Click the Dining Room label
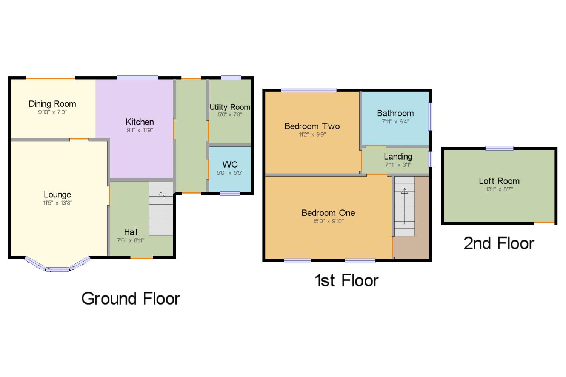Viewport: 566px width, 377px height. pyautogui.click(x=52, y=104)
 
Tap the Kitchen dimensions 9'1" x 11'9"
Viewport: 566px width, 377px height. pyautogui.click(x=140, y=130)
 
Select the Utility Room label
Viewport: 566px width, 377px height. pyautogui.click(x=230, y=107)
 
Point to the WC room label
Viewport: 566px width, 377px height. pyautogui.click(x=230, y=165)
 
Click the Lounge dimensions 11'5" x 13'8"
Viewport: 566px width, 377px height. pyautogui.click(x=58, y=203)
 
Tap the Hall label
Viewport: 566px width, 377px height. pyautogui.click(x=131, y=232)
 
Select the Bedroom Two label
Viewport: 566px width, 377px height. pyautogui.click(x=312, y=126)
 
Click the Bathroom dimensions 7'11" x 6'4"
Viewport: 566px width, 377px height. pyautogui.click(x=395, y=122)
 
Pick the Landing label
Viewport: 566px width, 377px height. pyautogui.click(x=398, y=157)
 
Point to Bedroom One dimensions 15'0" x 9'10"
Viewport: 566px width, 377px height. pyautogui.click(x=329, y=221)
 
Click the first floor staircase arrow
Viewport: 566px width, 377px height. pyautogui.click(x=404, y=206)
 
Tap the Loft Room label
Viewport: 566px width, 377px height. pyautogui.click(x=499, y=181)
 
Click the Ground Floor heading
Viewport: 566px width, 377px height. pyautogui.click(x=131, y=299)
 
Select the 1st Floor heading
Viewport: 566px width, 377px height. pyautogui.click(x=347, y=280)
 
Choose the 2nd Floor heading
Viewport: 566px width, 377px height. pyautogui.click(x=499, y=243)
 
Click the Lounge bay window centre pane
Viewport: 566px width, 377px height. pyautogui.click(x=57, y=269)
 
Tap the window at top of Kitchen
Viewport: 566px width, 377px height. pyautogui.click(x=137, y=78)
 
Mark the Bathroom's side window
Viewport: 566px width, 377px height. pyautogui.click(x=430, y=116)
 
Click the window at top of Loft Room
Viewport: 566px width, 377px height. pyautogui.click(x=499, y=148)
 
